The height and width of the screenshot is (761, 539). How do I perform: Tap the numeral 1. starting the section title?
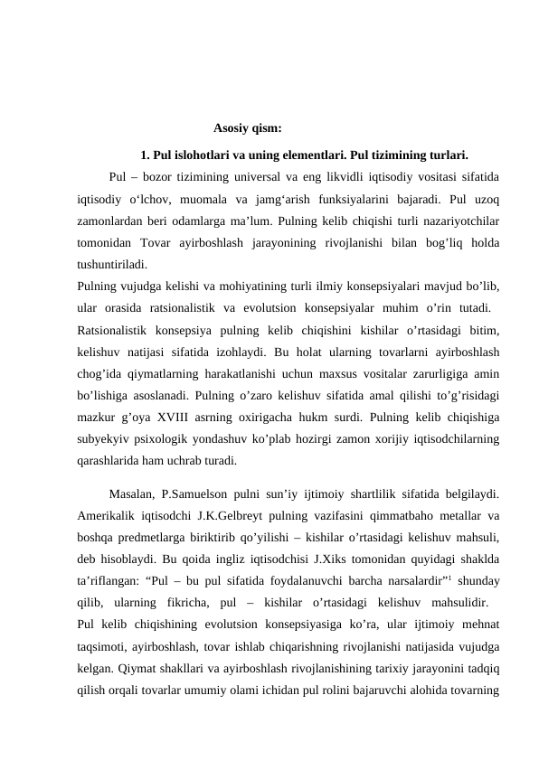click(x=147, y=153)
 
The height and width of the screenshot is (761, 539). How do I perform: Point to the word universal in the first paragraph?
click(x=258, y=175)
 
